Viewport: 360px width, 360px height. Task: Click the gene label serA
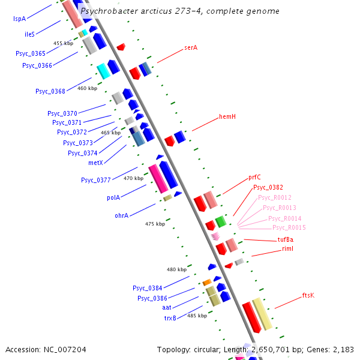[191, 47]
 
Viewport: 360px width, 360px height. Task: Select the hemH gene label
[227, 116]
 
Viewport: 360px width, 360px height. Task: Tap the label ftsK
[308, 295]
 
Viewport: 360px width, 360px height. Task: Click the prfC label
[254, 178]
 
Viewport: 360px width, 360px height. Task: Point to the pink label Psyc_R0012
[274, 197]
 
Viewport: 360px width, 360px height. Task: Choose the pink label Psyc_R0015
[289, 227]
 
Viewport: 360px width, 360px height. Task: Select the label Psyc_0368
[50, 91]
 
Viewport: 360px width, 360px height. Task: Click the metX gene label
[95, 162]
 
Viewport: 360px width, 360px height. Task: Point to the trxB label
[170, 317]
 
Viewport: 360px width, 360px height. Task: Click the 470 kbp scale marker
[133, 178]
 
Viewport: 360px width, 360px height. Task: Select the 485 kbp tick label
[197, 315]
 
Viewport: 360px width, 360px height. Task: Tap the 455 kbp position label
[63, 43]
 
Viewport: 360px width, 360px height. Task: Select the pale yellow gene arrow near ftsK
[263, 314]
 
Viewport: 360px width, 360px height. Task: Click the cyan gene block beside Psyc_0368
[103, 71]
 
